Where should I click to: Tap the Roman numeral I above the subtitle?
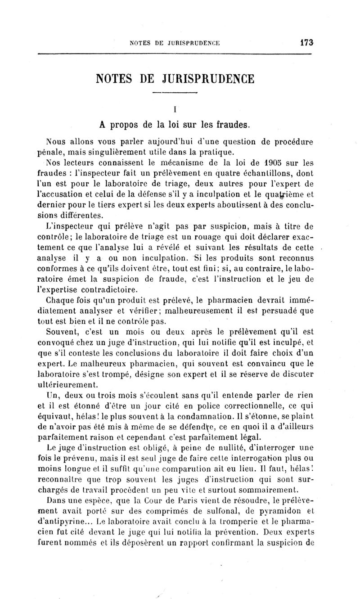tap(174, 108)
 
